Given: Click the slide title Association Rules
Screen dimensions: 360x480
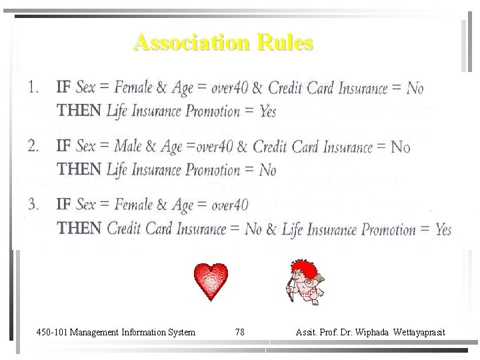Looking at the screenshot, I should click(x=223, y=43).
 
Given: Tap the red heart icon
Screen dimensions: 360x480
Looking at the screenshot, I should click(x=211, y=281).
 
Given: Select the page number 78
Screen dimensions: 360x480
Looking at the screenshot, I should click(x=240, y=332).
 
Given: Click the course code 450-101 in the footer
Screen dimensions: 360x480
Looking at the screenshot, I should click(x=51, y=332).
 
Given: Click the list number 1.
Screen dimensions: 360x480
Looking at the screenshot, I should click(x=33, y=87).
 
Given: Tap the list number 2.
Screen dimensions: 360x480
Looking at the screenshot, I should click(x=33, y=145).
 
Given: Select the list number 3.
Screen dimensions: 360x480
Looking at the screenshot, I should click(x=33, y=204).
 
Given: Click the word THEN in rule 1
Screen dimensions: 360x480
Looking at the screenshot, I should click(x=79, y=111).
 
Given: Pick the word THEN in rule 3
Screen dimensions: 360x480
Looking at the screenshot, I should click(x=79, y=229).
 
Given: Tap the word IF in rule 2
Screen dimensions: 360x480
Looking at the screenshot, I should click(x=64, y=145).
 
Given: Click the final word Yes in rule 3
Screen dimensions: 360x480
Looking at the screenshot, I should click(x=443, y=230).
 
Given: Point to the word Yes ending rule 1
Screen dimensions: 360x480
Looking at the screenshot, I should click(x=267, y=111).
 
